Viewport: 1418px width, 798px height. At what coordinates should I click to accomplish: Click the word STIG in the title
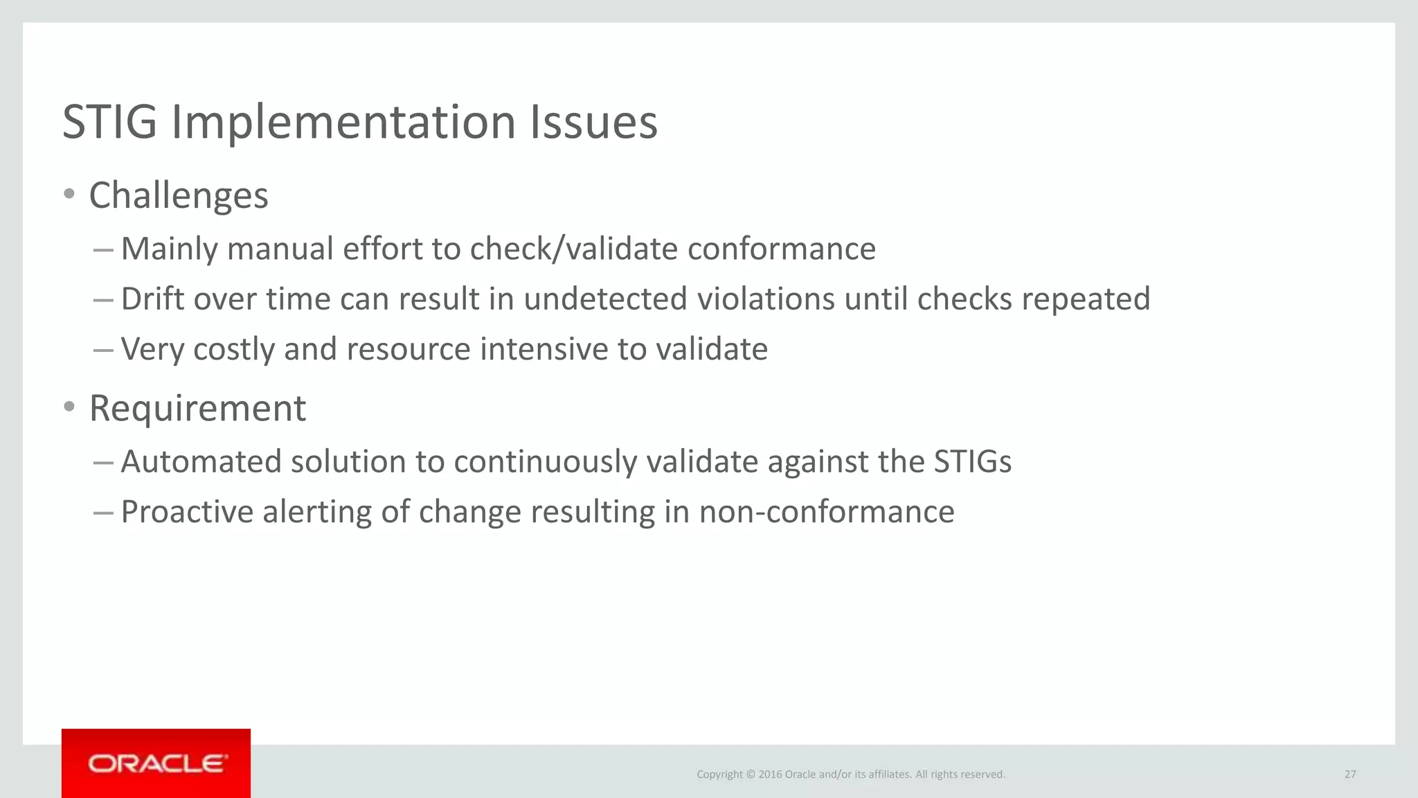coord(110,123)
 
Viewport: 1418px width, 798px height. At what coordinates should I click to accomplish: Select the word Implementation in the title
coord(343,123)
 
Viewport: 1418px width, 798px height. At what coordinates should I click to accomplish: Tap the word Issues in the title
coord(593,123)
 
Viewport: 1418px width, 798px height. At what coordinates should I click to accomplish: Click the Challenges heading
coord(179,195)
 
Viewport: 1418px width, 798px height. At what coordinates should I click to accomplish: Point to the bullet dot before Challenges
coord(69,194)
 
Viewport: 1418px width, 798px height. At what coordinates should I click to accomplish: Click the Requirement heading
coord(197,408)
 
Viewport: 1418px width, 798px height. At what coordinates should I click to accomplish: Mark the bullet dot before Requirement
coord(69,407)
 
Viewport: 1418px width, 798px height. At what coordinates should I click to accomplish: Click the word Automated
coord(201,462)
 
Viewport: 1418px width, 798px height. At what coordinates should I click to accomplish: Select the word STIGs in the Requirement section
coord(972,462)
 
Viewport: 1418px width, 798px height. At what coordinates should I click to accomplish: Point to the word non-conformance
coord(826,513)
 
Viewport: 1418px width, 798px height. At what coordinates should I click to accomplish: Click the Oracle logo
coord(156,763)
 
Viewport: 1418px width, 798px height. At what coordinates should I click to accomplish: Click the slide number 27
coord(1350,774)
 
